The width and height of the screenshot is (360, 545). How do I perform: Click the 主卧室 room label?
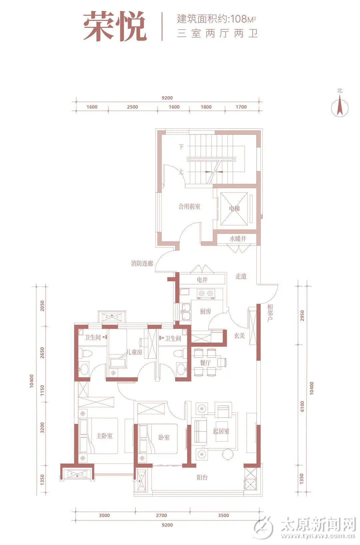105,436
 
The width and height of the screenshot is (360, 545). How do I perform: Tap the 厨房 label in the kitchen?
205,312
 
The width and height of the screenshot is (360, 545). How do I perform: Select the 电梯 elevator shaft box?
234,208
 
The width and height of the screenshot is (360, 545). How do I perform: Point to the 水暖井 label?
238,239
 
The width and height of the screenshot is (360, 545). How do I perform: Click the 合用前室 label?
189,206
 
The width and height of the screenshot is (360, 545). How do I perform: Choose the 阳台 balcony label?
202,478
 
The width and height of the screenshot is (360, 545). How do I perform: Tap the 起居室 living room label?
221,431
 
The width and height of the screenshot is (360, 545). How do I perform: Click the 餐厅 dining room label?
205,363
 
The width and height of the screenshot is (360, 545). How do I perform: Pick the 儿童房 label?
134,352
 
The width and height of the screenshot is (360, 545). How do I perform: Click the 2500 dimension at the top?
132,107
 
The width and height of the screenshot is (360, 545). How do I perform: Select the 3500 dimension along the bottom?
223,515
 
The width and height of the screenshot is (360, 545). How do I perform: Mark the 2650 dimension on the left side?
42,353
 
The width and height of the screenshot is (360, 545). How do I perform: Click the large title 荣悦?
115,26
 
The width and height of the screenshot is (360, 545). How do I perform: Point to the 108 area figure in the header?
238,19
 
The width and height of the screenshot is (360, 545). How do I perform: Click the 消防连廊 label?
142,263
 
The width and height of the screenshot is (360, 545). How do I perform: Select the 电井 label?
202,280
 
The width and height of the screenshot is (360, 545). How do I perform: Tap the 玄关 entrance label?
239,336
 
